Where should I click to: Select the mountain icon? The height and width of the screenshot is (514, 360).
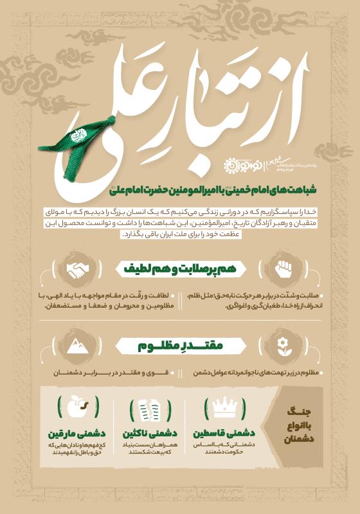click(80, 347)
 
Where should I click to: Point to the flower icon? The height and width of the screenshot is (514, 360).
click(281, 347)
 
